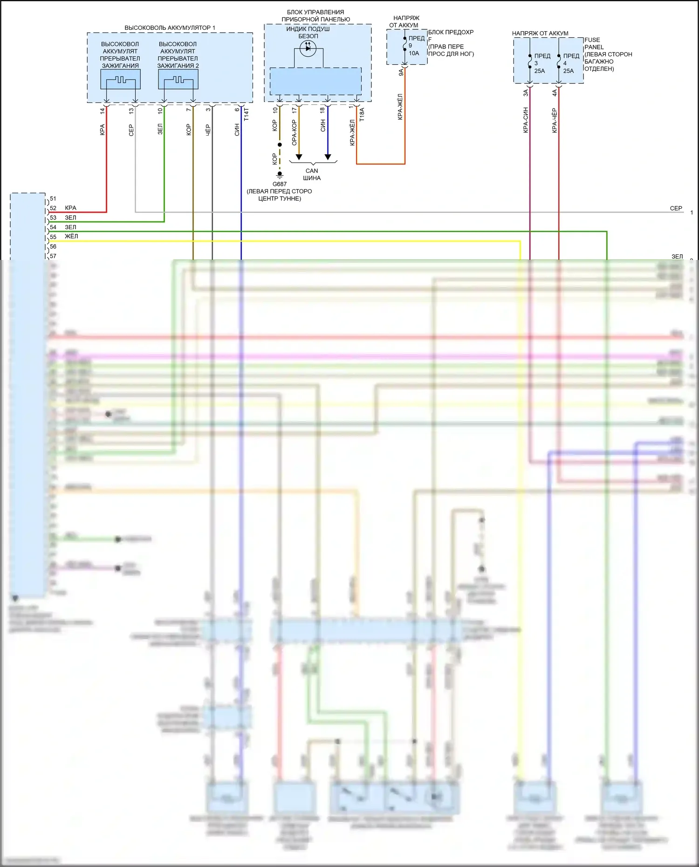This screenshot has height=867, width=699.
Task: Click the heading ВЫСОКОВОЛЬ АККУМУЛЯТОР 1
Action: coord(170,28)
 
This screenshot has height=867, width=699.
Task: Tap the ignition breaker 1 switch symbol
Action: coord(121,80)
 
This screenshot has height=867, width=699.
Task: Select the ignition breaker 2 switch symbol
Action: coord(178,80)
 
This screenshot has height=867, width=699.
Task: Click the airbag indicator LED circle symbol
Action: coord(308,48)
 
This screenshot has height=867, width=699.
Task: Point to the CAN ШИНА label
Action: coord(312,174)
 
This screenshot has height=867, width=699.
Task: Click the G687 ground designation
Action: coord(280,184)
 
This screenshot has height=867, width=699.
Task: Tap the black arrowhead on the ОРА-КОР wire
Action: coord(299,157)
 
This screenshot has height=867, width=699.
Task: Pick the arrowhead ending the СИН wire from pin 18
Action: coord(328,157)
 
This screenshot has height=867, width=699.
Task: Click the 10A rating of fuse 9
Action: coord(414,53)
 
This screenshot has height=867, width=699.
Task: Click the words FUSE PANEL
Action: coord(594,43)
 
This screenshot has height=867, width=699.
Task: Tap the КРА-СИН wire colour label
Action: coord(525,120)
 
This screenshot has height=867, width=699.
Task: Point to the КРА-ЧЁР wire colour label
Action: coord(554,120)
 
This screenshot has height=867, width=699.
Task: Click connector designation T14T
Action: coord(247,115)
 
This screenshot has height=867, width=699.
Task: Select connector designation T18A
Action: coord(362,115)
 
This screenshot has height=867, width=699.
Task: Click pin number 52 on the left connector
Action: coord(53,208)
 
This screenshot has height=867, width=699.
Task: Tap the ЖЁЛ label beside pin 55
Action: coord(71,236)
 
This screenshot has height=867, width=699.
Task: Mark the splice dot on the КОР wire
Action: coord(280,145)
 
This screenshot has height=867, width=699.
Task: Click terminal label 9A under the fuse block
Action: coord(401,72)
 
